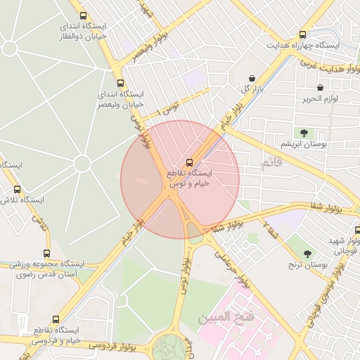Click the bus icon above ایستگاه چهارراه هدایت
coord(303,34)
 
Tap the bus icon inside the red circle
coord(188,162)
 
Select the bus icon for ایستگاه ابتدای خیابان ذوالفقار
coord(84,15)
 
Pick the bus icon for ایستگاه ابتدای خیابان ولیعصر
coord(120,83)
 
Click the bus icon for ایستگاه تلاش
coord(18,189)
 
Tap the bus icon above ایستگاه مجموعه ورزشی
coord(47,253)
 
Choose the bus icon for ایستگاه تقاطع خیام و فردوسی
coord(56,319)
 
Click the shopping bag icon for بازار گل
coord(252,77)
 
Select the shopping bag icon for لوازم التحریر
coord(321,88)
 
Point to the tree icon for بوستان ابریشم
coord(304,132)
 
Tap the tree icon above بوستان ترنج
coord(307,254)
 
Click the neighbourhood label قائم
coord(271,163)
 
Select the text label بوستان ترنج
coord(304,265)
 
